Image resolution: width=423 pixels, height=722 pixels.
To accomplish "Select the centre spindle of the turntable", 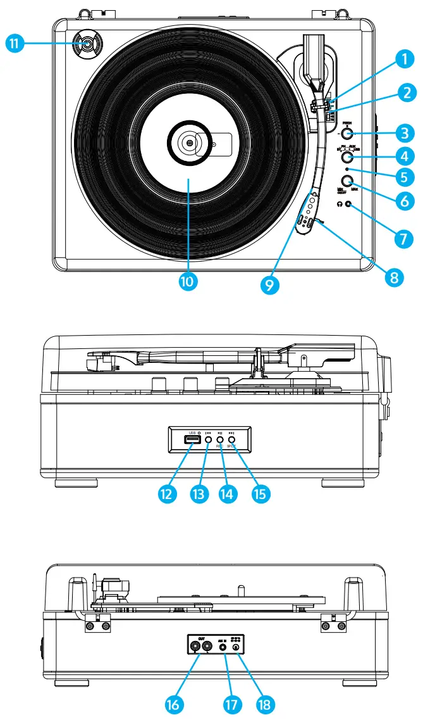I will point(189,143).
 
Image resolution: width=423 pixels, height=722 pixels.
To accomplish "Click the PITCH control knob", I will point(347,134).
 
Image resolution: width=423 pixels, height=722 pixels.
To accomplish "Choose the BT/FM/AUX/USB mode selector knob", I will point(347,156).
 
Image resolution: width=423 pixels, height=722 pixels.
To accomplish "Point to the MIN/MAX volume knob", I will point(347,181).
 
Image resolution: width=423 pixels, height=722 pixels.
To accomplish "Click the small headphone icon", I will point(341,205).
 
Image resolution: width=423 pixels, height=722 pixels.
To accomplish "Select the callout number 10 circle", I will point(188,281).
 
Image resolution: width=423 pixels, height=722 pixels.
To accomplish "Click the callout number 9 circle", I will point(270,285).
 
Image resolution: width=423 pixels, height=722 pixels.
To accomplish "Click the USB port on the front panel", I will point(188,439).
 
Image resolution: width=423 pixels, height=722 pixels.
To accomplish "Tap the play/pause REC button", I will point(219,439).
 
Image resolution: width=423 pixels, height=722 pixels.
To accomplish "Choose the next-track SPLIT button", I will point(231,439).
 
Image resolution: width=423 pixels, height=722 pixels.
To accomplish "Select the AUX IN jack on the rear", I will point(224,647).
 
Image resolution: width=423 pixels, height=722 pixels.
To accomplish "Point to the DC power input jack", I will point(236,647).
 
